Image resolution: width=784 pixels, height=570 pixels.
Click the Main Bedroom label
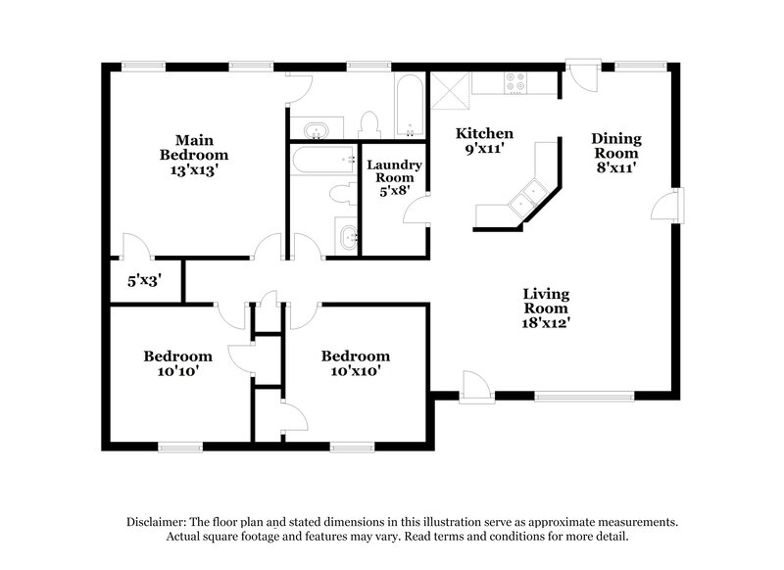click(x=194, y=147)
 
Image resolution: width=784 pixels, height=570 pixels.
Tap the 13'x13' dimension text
click(x=194, y=168)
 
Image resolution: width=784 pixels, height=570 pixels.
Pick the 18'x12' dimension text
click(x=546, y=320)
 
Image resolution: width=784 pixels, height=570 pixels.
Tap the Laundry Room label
click(x=394, y=172)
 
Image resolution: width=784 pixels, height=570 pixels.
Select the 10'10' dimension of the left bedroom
click(x=177, y=371)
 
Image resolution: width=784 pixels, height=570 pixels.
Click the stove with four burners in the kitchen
click(x=514, y=83)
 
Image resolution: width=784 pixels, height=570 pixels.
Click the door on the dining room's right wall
click(x=669, y=207)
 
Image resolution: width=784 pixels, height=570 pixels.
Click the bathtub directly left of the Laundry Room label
click(x=323, y=157)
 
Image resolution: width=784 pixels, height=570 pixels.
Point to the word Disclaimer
click(x=160, y=523)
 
